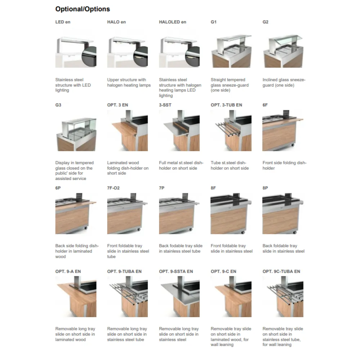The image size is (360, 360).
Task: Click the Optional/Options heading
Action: [x=82, y=9]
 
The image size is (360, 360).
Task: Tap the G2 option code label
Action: [x=266, y=22]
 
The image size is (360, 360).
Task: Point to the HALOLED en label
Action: [x=172, y=22]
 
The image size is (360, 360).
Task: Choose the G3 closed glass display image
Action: [x=76, y=133]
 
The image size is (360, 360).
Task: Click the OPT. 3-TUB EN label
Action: [x=226, y=105]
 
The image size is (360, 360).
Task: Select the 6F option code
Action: [x=265, y=105]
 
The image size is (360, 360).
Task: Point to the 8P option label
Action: [x=265, y=188]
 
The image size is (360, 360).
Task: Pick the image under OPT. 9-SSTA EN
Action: [x=179, y=297]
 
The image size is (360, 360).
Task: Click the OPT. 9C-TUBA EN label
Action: [x=281, y=271]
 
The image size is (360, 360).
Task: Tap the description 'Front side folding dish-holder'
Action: [x=284, y=166]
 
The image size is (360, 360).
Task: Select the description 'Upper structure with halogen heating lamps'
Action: [x=129, y=82]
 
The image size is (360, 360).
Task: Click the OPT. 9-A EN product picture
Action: [x=76, y=297]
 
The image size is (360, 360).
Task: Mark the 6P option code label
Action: [x=58, y=188]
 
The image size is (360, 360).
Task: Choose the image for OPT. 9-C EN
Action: [x=231, y=297]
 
